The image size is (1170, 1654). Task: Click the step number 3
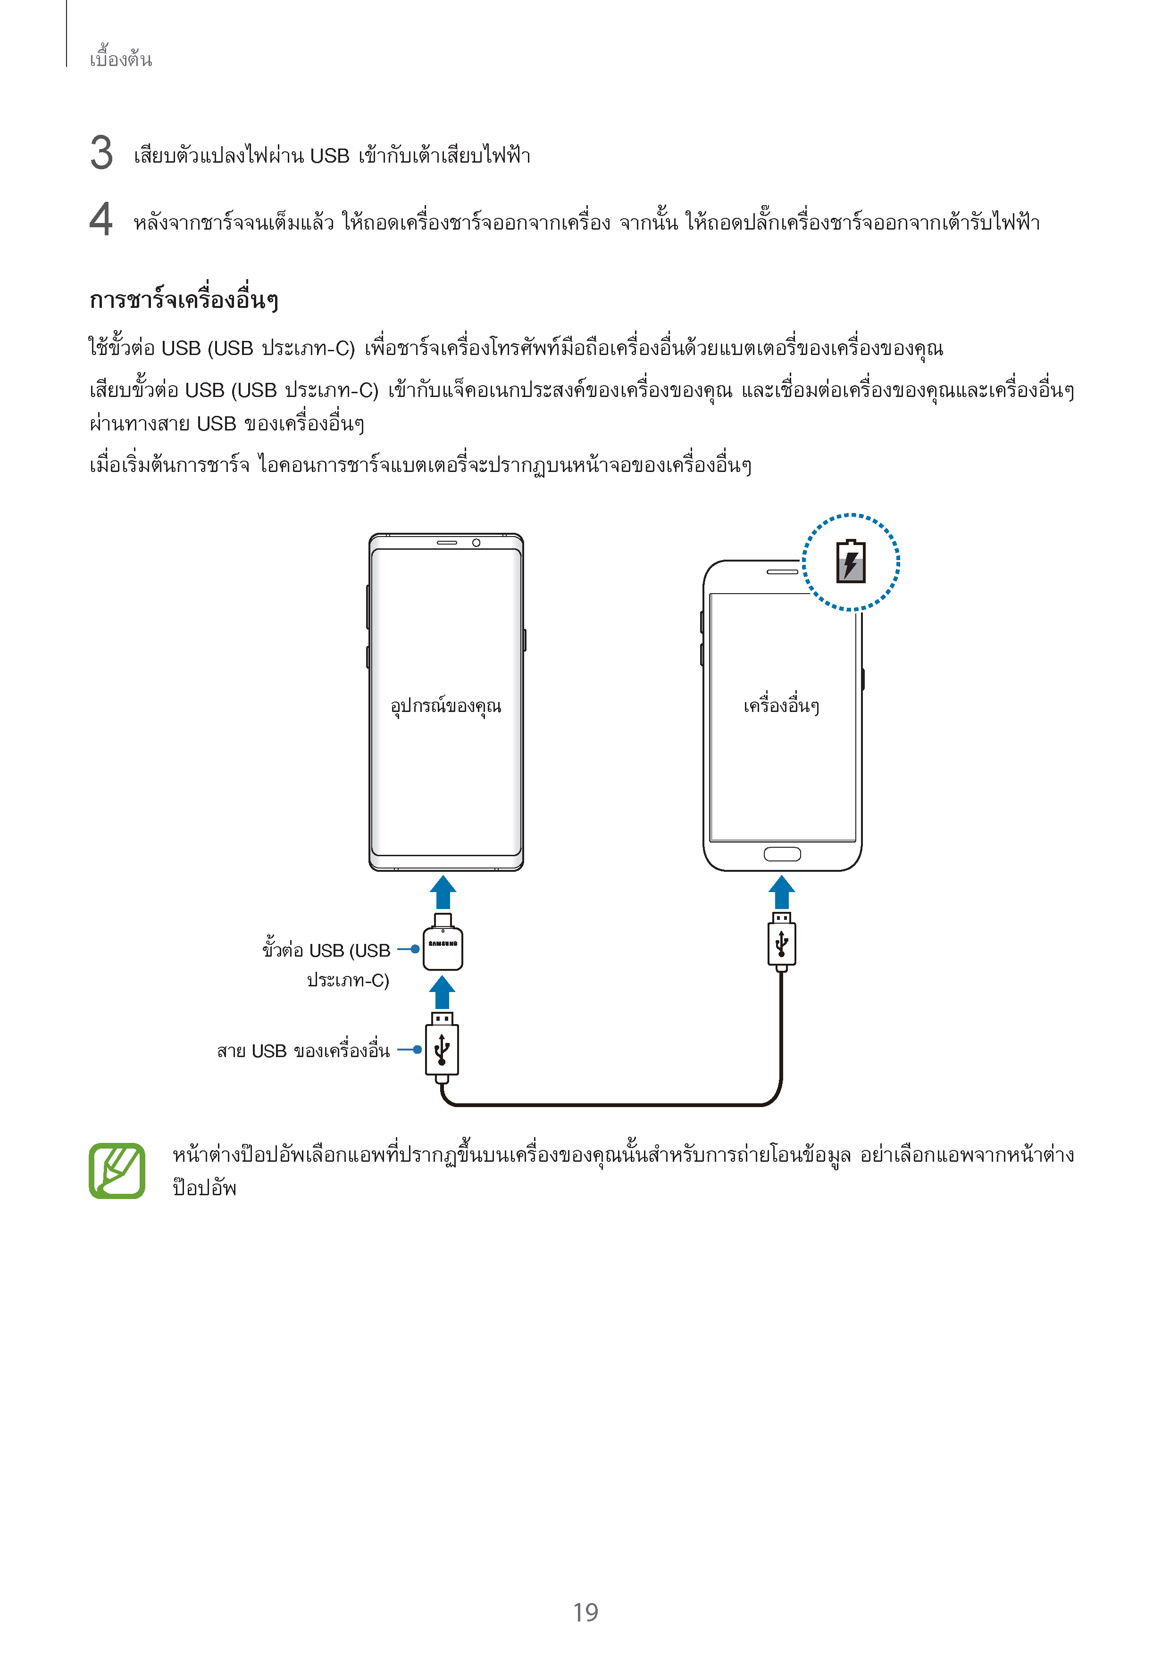(x=101, y=153)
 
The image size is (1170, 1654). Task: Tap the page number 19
(x=585, y=1612)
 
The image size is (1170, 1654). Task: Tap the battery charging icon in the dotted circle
(x=851, y=561)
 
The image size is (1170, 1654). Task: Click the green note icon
(x=117, y=1171)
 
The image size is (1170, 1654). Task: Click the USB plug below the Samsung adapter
(x=442, y=1048)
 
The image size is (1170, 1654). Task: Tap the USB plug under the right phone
(x=781, y=941)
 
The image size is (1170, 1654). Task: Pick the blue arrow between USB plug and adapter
(x=442, y=992)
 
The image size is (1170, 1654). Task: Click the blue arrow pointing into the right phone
(x=781, y=893)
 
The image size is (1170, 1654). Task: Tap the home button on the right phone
(x=782, y=854)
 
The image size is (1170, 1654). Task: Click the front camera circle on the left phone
(x=476, y=542)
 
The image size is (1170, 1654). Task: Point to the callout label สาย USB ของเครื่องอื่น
(x=303, y=1051)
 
